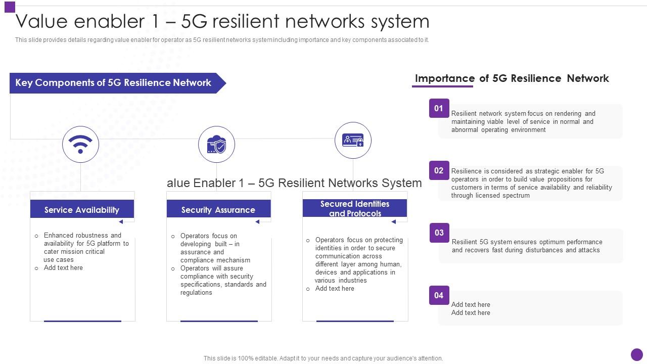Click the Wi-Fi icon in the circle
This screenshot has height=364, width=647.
pyautogui.click(x=80, y=145)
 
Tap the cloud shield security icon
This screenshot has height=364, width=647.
pyautogui.click(x=216, y=145)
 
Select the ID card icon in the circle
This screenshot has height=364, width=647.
pyautogui.click(x=353, y=141)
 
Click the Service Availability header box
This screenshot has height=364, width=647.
pyautogui.click(x=82, y=209)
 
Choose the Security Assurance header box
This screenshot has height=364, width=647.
pyautogui.click(x=218, y=209)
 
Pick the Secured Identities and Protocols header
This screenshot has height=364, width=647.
pyautogui.click(x=355, y=208)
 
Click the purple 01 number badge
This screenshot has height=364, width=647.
pyautogui.click(x=439, y=108)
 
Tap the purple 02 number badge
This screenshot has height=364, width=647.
pyautogui.click(x=439, y=170)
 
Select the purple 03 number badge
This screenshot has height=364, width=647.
pyautogui.click(x=439, y=233)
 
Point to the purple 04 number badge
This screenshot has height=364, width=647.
pyautogui.click(x=439, y=295)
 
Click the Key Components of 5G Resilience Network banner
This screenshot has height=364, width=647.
pyautogui.click(x=114, y=83)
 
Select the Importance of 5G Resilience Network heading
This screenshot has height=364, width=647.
pyautogui.click(x=512, y=78)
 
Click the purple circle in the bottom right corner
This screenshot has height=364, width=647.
pyautogui.click(x=637, y=355)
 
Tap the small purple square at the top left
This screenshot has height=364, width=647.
pyautogui.click(x=10, y=7)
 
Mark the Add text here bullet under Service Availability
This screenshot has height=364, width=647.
pyautogui.click(x=63, y=268)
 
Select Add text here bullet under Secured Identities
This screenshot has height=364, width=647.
pyautogui.click(x=335, y=289)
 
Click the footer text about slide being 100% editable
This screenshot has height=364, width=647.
pyautogui.click(x=323, y=358)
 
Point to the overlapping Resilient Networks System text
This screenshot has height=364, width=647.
pyautogui.click(x=294, y=183)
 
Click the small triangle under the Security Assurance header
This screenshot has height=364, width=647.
pyautogui.click(x=257, y=221)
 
